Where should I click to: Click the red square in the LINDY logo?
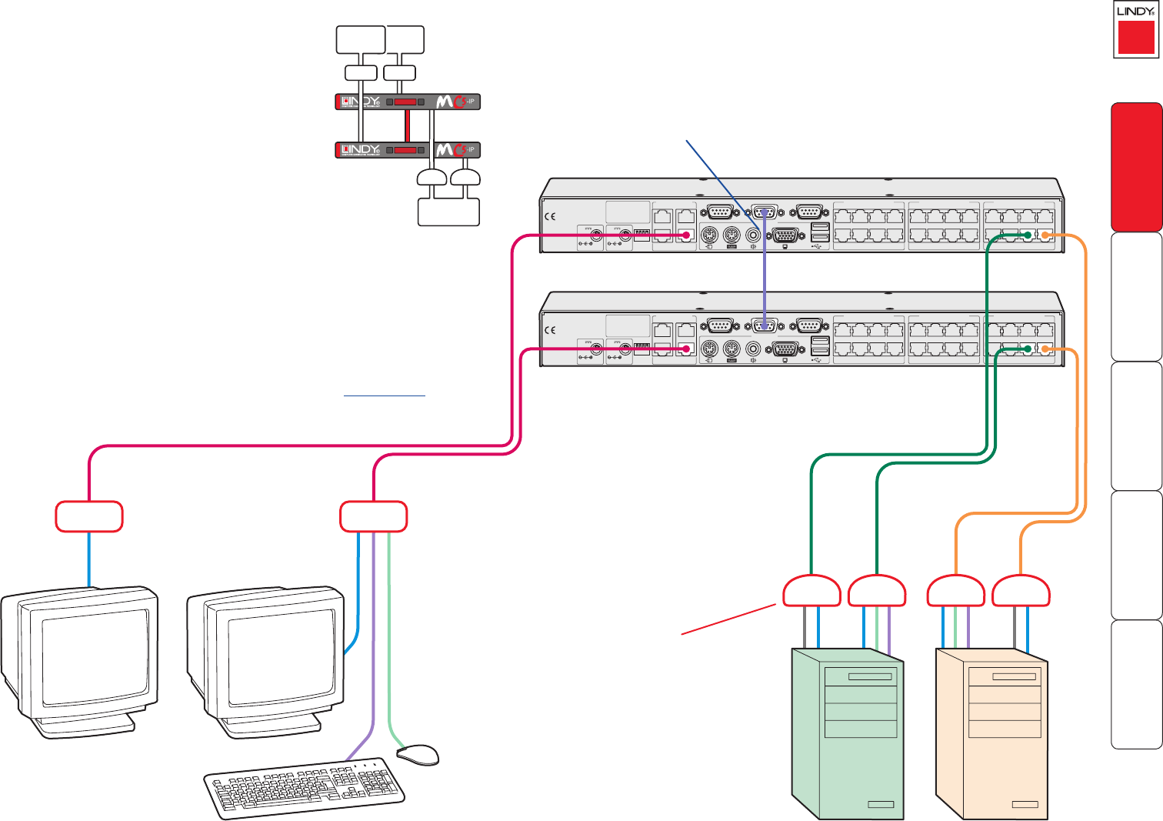click(1135, 37)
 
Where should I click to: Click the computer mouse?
click(418, 754)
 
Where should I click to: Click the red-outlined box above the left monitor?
click(89, 516)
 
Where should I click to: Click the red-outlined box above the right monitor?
click(373, 516)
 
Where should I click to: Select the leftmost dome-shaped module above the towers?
click(811, 592)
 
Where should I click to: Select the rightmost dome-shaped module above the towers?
click(1021, 592)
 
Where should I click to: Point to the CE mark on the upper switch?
click(550, 217)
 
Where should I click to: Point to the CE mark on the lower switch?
click(550, 330)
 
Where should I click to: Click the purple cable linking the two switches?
click(765, 277)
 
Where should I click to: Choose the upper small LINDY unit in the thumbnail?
click(408, 102)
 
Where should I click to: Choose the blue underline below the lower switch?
click(384, 395)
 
